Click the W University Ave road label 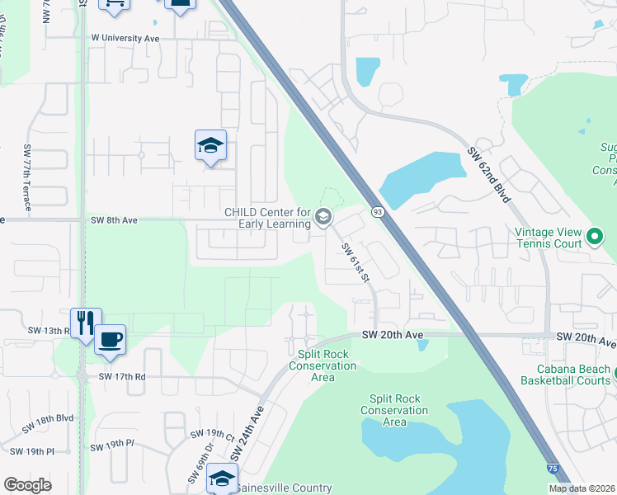click(x=125, y=38)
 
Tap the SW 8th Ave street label click(x=115, y=220)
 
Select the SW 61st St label click(x=356, y=261)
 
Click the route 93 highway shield click(x=376, y=213)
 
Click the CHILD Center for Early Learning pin click(x=323, y=218)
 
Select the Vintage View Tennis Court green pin click(x=594, y=239)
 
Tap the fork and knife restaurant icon click(x=86, y=323)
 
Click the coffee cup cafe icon click(x=110, y=338)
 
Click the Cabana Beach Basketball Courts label click(x=566, y=375)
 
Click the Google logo click(x=27, y=485)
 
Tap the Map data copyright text click(x=582, y=488)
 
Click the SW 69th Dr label click(x=200, y=466)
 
